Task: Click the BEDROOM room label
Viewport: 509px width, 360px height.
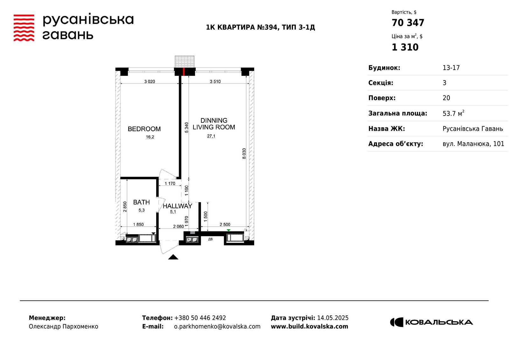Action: [144, 129]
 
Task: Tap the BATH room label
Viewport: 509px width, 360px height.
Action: [141, 202]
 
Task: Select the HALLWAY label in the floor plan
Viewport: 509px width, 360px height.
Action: [178, 206]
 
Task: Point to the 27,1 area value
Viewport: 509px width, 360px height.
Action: [211, 136]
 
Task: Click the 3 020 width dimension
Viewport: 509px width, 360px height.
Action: [150, 81]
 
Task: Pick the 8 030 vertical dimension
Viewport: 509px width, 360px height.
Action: [244, 153]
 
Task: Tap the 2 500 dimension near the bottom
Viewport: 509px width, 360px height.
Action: [225, 224]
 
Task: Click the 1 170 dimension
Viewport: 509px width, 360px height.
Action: [170, 184]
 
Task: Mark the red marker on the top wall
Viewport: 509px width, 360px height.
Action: [184, 72]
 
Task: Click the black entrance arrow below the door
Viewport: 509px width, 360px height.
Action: [173, 257]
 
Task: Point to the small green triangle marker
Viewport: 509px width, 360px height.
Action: [229, 230]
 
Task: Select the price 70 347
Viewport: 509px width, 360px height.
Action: [408, 23]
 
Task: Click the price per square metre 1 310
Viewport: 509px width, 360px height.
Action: [405, 47]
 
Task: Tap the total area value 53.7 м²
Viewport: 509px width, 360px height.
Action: [453, 113]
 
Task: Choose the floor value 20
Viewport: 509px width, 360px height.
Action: [446, 98]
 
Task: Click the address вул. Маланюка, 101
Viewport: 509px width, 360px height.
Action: [473, 144]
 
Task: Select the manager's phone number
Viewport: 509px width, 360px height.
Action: [200, 318]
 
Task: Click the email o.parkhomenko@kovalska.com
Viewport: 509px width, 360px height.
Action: [217, 327]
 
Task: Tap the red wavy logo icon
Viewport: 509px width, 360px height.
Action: [24, 28]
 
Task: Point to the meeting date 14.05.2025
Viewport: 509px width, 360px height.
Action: [333, 318]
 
